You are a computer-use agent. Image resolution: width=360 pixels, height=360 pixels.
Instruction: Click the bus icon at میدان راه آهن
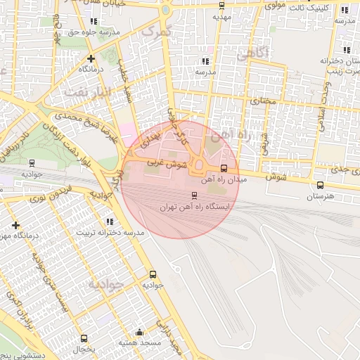[x=224, y=168]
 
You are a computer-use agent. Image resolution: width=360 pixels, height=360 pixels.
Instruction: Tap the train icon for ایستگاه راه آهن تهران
[x=194, y=195]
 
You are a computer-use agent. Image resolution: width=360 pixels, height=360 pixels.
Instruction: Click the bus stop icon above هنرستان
[x=321, y=186]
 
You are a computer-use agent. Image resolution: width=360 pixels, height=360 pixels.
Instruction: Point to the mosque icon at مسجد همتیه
[x=139, y=333]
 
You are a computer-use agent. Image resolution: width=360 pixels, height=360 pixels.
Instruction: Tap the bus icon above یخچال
[x=84, y=339]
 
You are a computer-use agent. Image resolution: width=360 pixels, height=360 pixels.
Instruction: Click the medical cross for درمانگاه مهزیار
[x=16, y=225]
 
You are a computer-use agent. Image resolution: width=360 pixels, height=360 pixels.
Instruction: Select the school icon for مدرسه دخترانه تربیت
[x=109, y=221]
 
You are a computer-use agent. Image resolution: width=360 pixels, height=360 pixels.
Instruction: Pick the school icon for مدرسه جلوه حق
[x=94, y=21]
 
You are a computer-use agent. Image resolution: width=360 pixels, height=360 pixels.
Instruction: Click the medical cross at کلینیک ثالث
[x=345, y=11]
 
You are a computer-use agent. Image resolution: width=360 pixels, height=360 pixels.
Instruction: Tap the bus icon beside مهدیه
[x=222, y=5]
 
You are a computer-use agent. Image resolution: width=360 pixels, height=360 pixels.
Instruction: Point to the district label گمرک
[x=155, y=31]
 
